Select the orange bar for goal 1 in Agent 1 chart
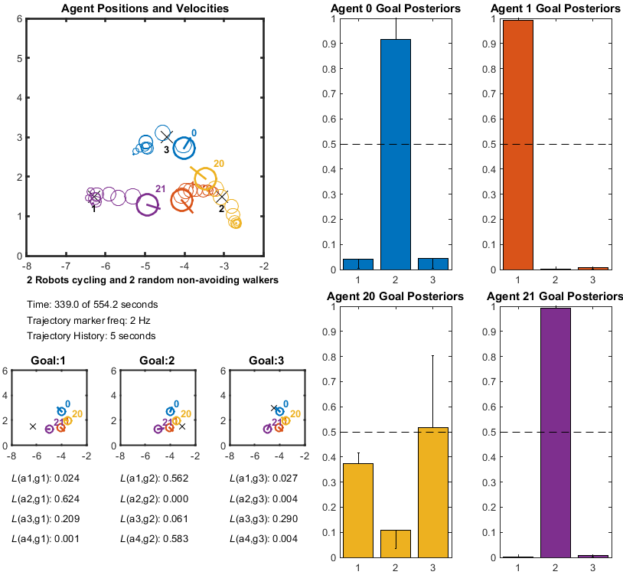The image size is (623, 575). coord(517,145)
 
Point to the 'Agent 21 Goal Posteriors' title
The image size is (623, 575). coord(556,296)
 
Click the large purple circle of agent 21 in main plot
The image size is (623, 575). coord(148,204)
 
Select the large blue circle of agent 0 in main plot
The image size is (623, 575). coord(184,147)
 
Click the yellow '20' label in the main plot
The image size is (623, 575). coord(219,164)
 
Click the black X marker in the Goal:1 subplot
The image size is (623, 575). coord(33,426)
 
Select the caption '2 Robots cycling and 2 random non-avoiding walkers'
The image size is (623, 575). coord(152,280)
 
